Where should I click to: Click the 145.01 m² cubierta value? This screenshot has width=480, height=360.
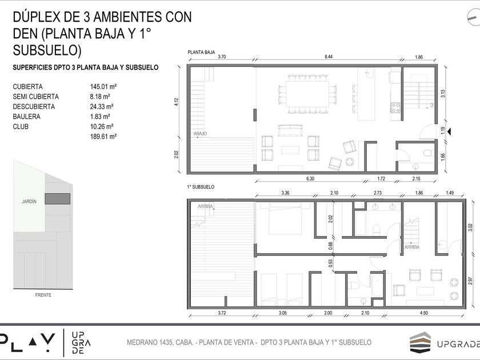[103, 87]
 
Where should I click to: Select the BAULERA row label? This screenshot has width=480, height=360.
[27, 117]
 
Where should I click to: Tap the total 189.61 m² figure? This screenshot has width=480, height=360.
[103, 137]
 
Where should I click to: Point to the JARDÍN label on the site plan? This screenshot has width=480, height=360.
[29, 201]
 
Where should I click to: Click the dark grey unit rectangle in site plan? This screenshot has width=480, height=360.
[58, 199]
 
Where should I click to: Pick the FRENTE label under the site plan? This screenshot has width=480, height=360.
[43, 295]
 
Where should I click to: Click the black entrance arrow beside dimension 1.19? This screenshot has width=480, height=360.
[449, 131]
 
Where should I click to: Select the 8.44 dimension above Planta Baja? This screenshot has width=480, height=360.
[329, 57]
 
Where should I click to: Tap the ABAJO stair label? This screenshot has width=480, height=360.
[200, 134]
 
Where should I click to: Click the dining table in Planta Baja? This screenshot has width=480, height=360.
[307, 94]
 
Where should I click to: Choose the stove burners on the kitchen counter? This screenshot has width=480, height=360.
[395, 107]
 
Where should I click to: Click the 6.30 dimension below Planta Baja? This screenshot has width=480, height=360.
[310, 178]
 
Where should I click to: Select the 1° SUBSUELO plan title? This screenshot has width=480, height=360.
[201, 187]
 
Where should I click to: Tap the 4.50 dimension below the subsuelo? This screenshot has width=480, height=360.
[423, 313]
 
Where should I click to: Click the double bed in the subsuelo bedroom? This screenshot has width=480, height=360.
[285, 220]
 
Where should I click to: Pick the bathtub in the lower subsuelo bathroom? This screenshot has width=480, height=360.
[377, 285]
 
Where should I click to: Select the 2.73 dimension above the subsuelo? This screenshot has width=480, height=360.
[378, 193]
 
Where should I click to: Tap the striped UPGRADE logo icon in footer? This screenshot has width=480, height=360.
[421, 342]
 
